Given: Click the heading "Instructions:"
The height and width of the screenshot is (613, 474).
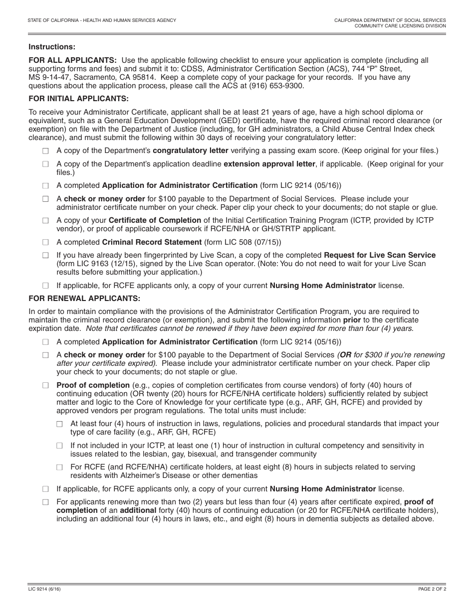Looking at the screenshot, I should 52,47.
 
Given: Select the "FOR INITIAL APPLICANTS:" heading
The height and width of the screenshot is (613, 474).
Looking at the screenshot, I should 78,99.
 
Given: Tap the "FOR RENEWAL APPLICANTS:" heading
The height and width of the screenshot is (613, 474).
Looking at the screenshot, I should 84,299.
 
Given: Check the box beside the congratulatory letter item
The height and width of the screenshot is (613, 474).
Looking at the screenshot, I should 46,151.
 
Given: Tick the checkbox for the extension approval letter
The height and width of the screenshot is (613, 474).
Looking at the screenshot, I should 46,164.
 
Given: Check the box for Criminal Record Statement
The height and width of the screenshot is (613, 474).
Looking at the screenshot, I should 46,243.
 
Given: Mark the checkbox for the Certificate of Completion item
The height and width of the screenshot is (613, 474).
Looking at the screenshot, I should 46,221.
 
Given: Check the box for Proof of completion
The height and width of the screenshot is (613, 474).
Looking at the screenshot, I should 46,386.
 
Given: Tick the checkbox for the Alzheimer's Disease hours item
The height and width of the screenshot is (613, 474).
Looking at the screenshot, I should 60,468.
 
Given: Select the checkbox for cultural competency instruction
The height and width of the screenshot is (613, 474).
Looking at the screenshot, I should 60,446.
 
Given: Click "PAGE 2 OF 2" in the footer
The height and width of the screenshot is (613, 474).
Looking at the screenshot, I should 432,589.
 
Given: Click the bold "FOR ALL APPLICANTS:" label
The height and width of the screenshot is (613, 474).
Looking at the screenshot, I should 73,60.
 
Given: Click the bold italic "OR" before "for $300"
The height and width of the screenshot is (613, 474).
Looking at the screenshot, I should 345,355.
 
